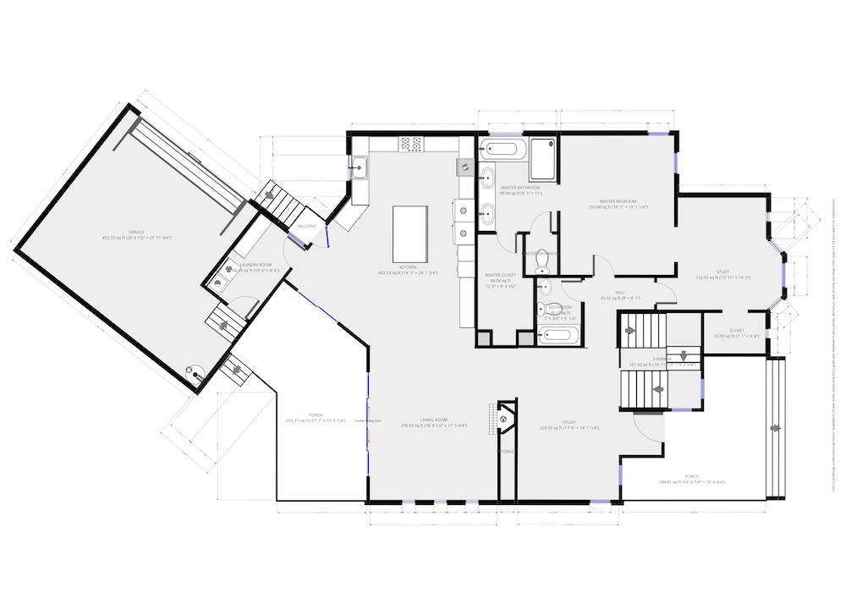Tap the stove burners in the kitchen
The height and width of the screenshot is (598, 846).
tap(411, 145)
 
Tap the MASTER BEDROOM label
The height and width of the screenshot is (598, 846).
tap(618, 200)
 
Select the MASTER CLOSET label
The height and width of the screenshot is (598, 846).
tap(501, 275)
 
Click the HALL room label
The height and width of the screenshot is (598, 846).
tap(619, 293)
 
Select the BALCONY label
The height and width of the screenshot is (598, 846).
tap(307, 227)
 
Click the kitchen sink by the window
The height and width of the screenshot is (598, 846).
tap(360, 167)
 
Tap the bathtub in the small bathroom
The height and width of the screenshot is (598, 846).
tap(560, 335)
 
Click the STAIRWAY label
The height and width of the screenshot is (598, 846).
tap(662, 359)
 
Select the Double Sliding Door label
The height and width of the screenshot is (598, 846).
tap(368, 420)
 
